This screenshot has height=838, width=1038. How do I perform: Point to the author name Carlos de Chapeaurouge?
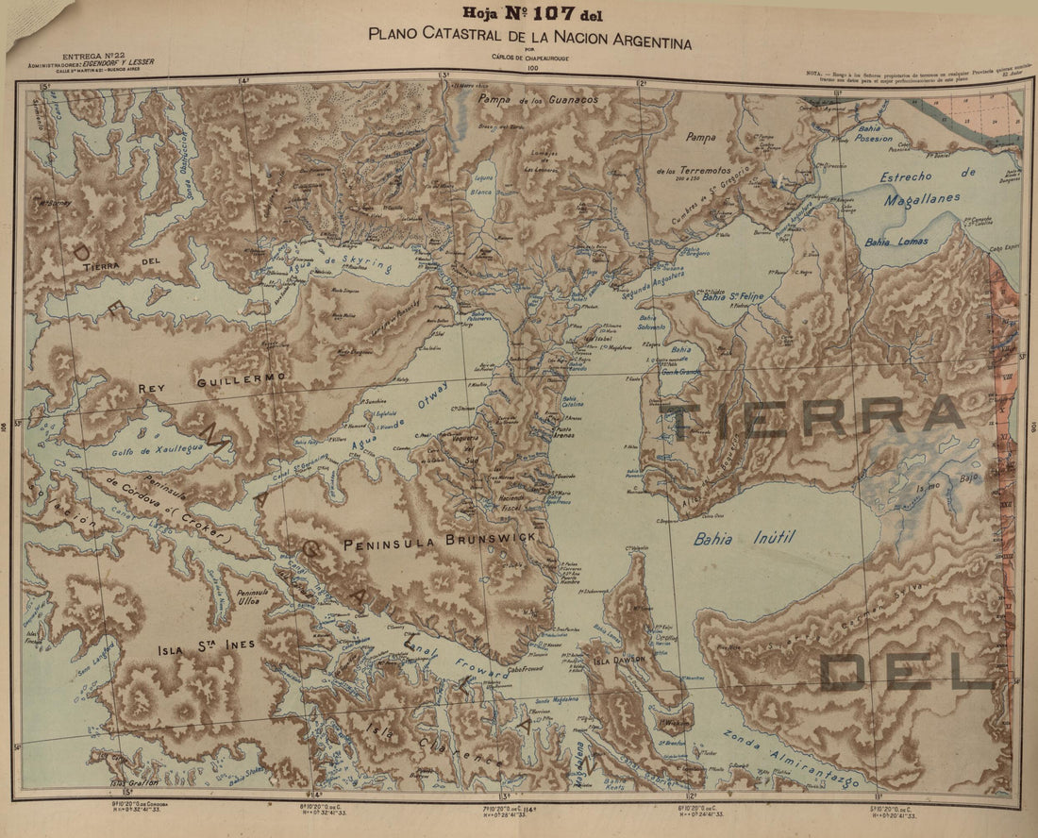point(533,59)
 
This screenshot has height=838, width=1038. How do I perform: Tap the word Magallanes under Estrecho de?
point(923,197)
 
